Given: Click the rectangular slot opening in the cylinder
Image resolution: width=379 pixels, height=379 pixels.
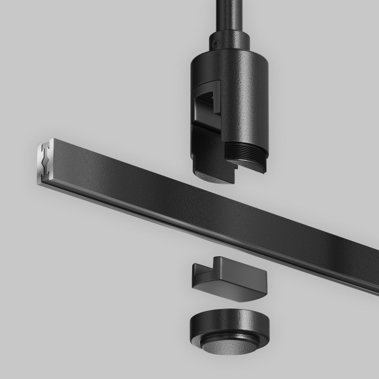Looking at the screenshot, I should pyautogui.click(x=210, y=105).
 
